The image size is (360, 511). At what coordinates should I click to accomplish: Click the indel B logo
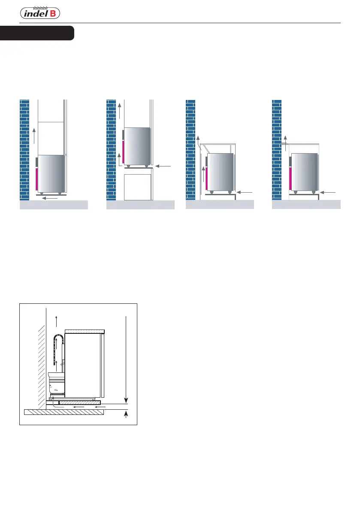40,13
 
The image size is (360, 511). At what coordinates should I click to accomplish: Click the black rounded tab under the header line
37,33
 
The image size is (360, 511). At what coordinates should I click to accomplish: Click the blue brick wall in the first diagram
24,150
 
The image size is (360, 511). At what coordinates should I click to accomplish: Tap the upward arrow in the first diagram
34,136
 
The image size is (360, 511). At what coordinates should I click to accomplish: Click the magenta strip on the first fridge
37,179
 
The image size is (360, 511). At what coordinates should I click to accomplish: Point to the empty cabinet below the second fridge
138,187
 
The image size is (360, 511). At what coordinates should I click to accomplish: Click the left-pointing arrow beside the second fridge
163,166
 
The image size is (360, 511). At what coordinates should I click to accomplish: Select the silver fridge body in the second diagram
137,146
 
